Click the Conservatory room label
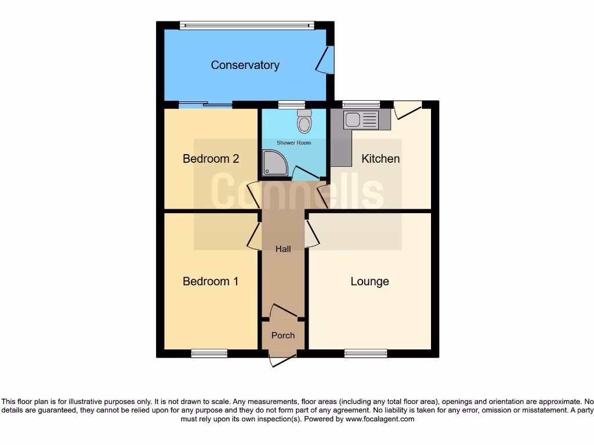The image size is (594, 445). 245,65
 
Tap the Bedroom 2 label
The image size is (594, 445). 211,159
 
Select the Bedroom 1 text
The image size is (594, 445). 211,282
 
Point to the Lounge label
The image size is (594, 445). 370,282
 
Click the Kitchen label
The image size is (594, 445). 381,159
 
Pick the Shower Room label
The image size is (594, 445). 294,143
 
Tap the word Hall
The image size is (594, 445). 283,249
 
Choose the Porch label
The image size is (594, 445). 283,335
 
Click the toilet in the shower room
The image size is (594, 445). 303,122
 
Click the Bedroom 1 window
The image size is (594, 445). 209,353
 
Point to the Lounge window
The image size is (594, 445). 365,353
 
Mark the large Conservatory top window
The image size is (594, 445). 247,25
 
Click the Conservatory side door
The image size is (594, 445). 327,60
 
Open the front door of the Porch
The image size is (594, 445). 282,359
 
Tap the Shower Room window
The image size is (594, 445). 287,105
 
